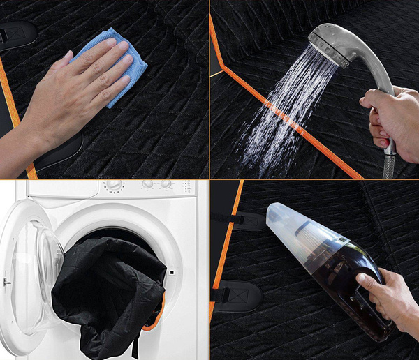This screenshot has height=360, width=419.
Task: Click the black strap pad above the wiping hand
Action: tap(15, 31)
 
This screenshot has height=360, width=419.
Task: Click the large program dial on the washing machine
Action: tap(114, 186)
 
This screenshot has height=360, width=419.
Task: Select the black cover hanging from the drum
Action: tap(105, 293)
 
